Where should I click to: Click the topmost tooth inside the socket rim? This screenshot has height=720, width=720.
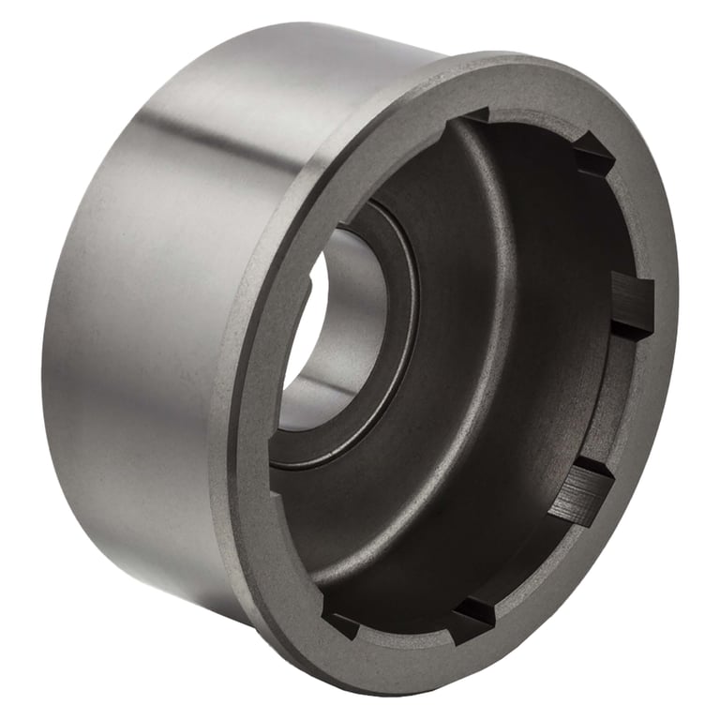[474, 116]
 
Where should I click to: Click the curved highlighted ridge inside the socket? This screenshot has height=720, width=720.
[506, 375]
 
